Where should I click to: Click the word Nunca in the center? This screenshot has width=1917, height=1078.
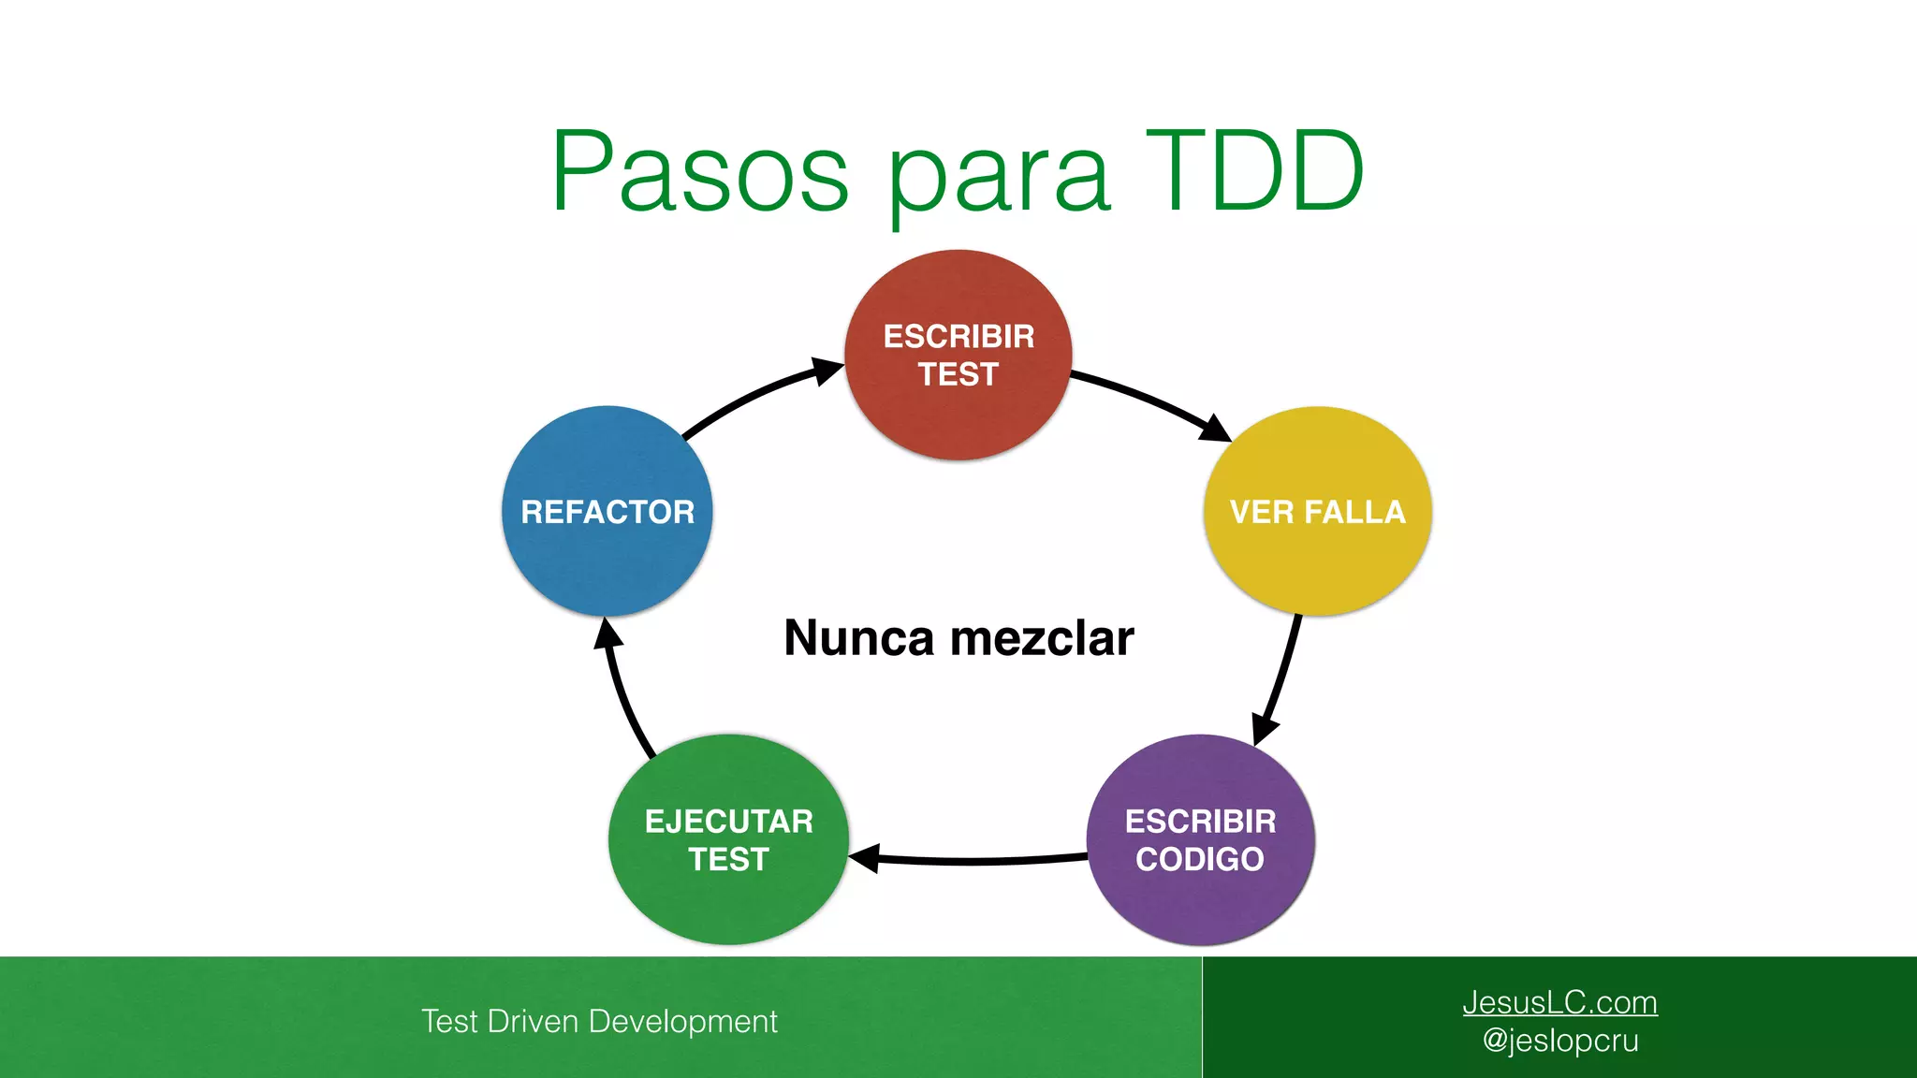[x=859, y=638]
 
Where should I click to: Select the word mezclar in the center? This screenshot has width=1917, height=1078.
[x=1042, y=638]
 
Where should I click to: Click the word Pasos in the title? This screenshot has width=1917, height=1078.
[x=700, y=173]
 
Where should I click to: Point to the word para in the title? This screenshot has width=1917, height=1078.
[x=998, y=178]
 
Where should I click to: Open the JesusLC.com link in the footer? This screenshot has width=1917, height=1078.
[x=1559, y=1002]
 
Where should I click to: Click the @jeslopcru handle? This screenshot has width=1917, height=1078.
[x=1560, y=1041]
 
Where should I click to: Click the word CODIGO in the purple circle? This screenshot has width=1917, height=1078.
[x=1200, y=859]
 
